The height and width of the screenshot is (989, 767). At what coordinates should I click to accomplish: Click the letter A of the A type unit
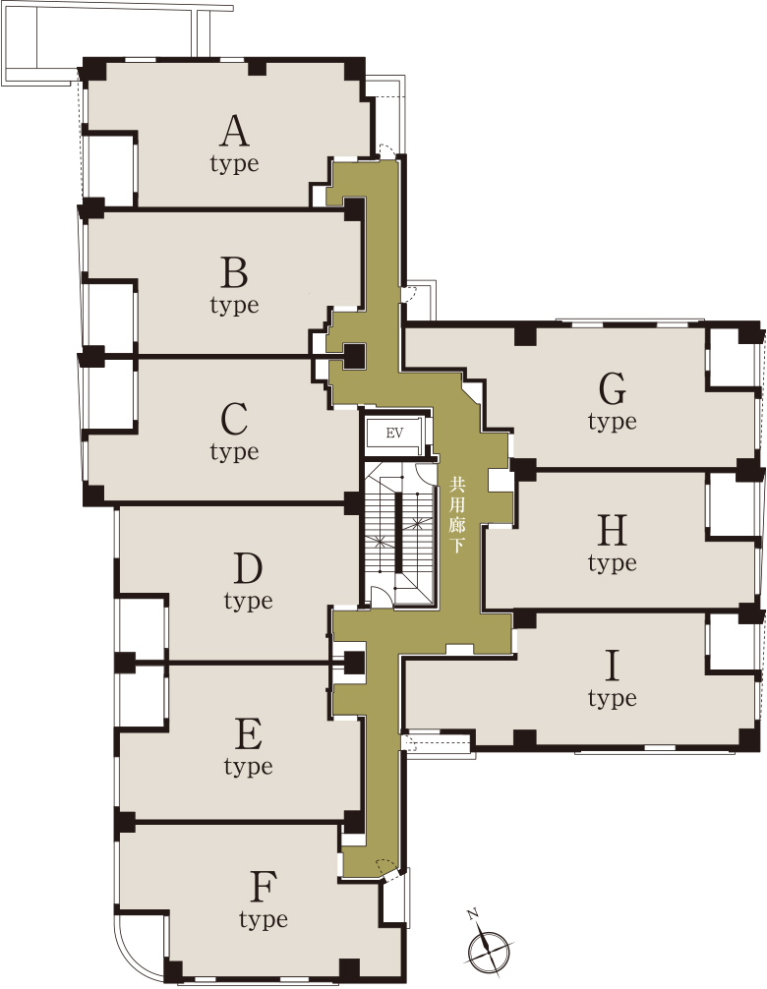pos(234,131)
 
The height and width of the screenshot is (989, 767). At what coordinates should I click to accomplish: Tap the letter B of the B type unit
pos(234,273)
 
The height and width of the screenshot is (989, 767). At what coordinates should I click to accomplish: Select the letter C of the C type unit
pos(234,420)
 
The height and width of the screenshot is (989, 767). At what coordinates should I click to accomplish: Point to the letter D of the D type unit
pos(248,569)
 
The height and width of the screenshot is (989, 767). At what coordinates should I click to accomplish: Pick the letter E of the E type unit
pos(249,734)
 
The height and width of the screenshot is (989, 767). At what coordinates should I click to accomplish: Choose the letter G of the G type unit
pos(612,389)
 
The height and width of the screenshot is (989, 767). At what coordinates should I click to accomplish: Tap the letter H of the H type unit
pos(612,531)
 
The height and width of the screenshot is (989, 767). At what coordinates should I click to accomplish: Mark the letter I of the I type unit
pos(612,667)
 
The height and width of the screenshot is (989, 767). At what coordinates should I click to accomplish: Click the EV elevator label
pos(394,434)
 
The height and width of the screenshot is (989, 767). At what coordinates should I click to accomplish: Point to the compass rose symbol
pos(490,945)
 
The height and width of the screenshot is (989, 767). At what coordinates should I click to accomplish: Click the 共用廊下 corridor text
pos(456,516)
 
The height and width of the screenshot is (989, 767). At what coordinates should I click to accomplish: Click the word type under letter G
pos(612,422)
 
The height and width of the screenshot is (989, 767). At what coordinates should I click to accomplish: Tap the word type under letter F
pos(264,920)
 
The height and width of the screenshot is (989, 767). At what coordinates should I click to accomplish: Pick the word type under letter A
pos(234,164)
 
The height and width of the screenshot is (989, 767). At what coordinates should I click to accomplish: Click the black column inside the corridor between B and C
pos(354,356)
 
